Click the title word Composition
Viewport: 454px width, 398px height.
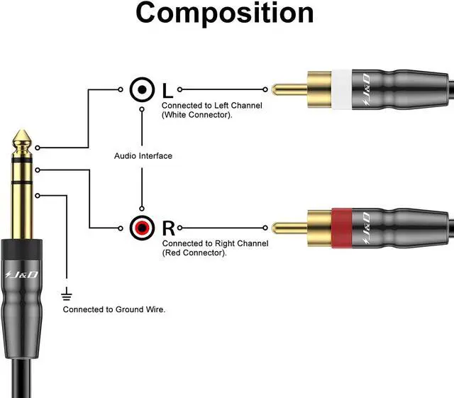(x=225, y=14)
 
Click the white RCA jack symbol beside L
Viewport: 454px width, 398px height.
(x=143, y=89)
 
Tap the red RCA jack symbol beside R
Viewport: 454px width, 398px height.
(x=143, y=228)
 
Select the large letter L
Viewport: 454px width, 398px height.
(x=167, y=90)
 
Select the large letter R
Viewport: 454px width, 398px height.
(x=168, y=228)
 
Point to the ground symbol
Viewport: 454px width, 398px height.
(x=67, y=293)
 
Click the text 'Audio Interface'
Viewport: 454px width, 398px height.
(x=143, y=155)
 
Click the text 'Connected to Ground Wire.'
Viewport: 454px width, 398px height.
(x=114, y=309)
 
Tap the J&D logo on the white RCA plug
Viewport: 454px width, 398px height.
(x=365, y=89)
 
